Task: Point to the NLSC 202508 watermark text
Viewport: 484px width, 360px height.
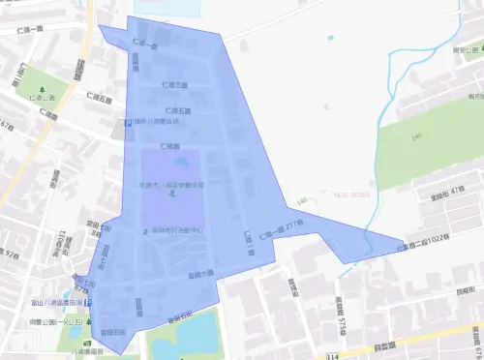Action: [351, 194]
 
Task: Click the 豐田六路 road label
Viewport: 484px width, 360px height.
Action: [200, 275]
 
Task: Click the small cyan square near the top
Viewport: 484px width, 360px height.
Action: [331, 39]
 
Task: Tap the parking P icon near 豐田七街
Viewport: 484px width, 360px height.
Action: [89, 302]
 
